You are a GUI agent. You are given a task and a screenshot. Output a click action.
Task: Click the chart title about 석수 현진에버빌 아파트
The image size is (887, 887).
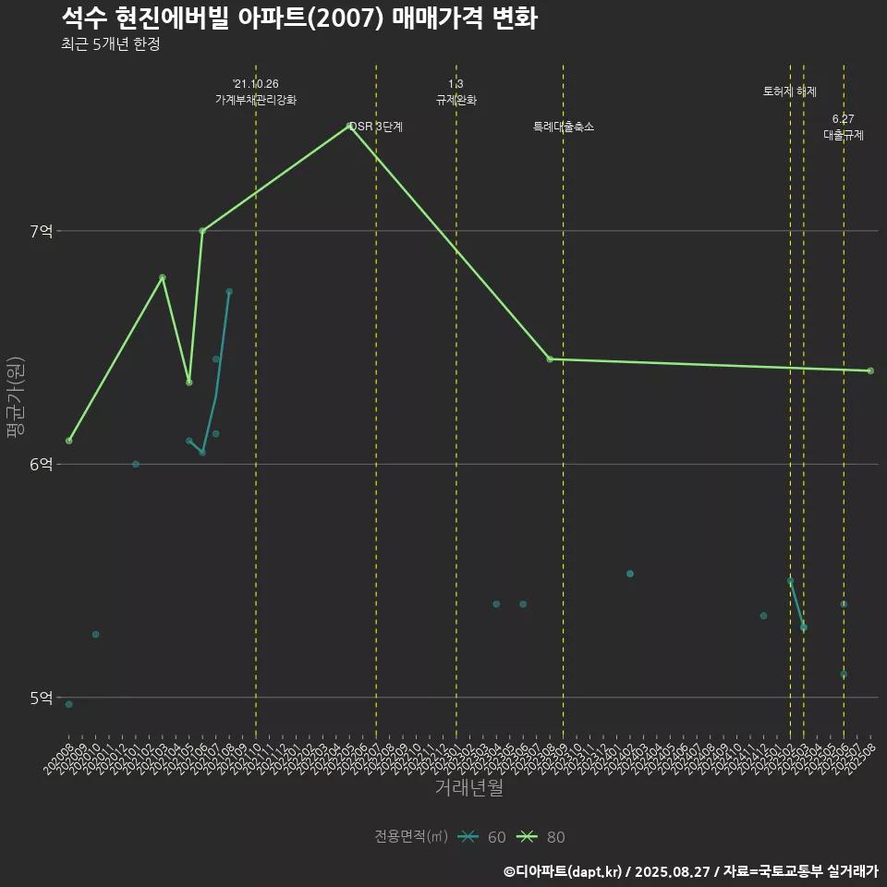coord(299,18)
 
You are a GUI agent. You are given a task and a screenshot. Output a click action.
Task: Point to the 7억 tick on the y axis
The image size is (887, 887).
coord(41,231)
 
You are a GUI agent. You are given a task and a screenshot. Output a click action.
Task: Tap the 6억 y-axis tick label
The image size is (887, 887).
coord(41,464)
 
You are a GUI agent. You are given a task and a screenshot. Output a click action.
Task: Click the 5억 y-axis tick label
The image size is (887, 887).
coord(41,698)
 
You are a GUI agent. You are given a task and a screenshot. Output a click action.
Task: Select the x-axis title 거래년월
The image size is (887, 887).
coord(469,788)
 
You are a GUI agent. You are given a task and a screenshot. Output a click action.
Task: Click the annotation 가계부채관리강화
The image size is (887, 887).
coord(256,99)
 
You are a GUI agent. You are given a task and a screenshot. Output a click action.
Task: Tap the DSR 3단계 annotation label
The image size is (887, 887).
coord(376,127)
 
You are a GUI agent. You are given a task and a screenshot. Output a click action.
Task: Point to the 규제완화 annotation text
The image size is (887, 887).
coord(456,99)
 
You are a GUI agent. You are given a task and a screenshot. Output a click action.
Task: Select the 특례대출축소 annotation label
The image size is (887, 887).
coord(564,127)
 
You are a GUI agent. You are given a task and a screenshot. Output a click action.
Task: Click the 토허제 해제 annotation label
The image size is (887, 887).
coord(790,91)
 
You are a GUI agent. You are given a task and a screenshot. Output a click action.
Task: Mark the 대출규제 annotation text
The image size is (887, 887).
coord(844,134)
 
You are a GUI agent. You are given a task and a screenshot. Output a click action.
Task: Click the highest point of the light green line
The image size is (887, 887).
coord(349,126)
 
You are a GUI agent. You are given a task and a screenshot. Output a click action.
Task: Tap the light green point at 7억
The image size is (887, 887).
coord(202,231)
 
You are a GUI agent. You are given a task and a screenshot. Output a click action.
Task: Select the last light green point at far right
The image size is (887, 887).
coord(870,371)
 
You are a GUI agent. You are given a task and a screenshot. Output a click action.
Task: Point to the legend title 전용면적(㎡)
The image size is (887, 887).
coord(411,837)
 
